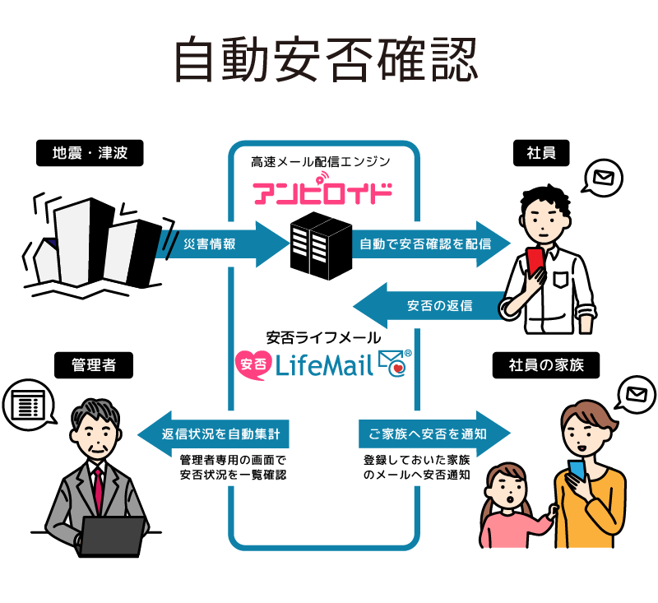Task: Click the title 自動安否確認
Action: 327,60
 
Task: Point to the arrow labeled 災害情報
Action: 217,244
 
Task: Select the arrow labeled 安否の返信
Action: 428,307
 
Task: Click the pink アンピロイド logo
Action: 322,192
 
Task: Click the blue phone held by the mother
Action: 577,471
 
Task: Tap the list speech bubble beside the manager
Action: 27,405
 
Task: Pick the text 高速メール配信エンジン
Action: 321,162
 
